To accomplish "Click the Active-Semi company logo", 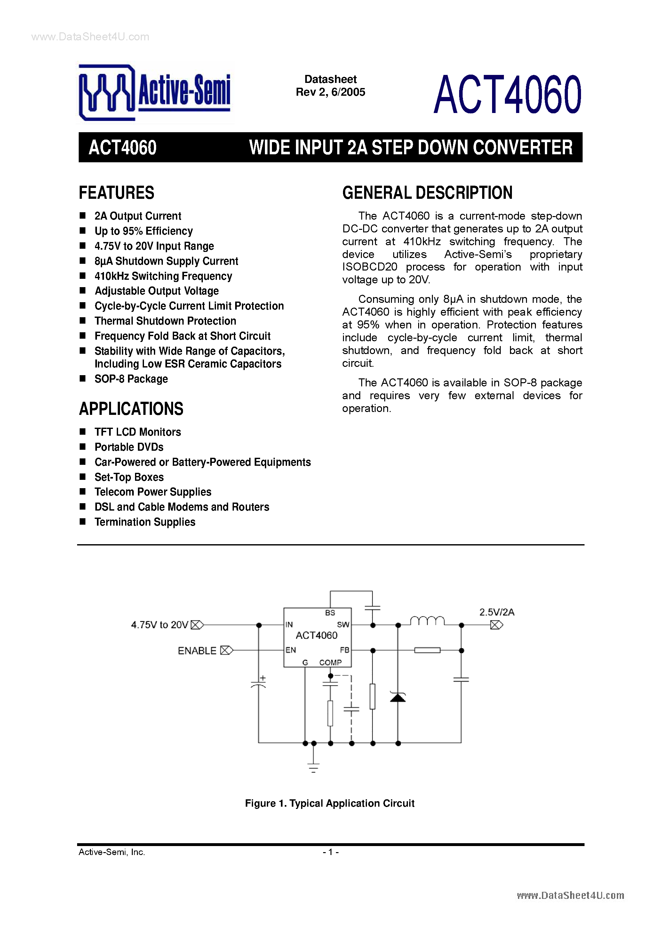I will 155,93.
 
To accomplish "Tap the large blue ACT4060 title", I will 507,94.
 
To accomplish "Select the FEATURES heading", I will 116,193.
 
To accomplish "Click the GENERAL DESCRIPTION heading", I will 427,193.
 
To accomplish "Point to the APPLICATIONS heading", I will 131,409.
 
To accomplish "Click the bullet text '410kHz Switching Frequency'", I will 163,276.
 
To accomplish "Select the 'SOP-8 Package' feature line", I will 131,379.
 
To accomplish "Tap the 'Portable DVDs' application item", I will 129,447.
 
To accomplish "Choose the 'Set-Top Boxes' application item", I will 129,477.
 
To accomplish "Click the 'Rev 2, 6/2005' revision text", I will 330,92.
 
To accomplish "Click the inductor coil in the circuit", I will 427,621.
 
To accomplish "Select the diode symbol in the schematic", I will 398,698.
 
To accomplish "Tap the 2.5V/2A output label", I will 496,612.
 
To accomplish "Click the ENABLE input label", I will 197,651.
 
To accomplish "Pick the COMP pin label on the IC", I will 330,662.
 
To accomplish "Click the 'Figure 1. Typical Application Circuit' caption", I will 329,803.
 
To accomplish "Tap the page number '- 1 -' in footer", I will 330,852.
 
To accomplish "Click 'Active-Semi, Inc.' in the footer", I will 112,852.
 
